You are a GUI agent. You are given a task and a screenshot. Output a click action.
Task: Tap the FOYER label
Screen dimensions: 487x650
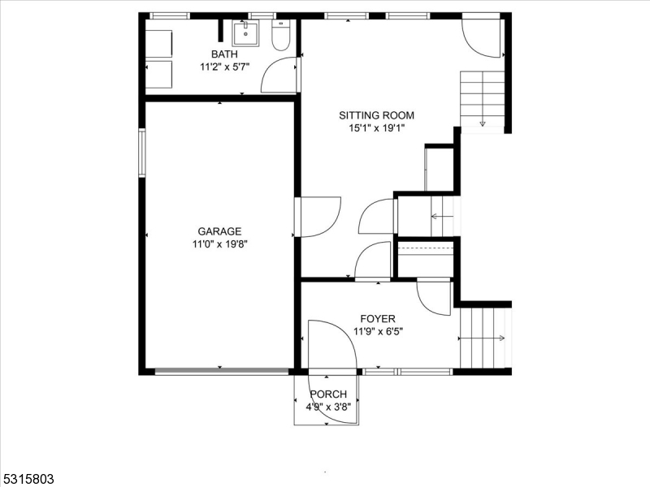379,319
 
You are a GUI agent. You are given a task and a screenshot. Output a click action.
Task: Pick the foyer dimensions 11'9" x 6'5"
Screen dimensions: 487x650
379,331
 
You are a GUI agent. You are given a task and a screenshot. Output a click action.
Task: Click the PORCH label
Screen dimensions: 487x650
328,394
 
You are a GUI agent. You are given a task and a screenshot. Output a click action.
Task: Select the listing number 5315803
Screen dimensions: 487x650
28,479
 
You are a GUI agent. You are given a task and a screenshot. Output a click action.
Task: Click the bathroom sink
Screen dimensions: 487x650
245,34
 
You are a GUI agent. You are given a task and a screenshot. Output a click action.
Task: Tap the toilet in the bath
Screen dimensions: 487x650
279,37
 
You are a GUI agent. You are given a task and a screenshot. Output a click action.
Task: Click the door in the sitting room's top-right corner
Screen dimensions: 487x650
483,37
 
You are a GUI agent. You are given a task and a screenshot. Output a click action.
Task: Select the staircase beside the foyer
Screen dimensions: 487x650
483,338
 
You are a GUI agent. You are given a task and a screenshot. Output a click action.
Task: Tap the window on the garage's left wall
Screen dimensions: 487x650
142,152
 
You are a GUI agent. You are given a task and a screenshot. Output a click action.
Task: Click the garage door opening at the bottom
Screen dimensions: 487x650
221,372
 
